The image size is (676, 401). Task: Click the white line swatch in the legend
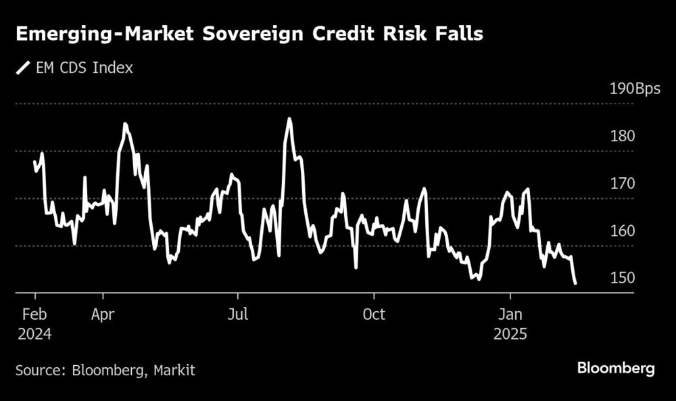(24, 68)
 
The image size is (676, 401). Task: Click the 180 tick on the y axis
(623, 136)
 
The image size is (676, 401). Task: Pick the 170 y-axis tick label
(623, 183)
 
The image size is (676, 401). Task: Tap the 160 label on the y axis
(623, 231)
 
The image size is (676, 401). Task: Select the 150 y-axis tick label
(623, 278)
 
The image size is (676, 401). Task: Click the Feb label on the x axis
(34, 314)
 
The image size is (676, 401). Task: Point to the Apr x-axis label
(103, 314)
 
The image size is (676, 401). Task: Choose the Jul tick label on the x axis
(237, 314)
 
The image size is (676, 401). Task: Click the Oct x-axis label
(374, 314)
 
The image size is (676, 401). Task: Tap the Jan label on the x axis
(510, 314)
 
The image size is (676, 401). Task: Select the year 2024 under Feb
(34, 334)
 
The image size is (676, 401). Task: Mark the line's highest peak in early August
(289, 120)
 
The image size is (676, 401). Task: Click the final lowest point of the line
(575, 283)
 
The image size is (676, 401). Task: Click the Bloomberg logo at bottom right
(616, 368)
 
